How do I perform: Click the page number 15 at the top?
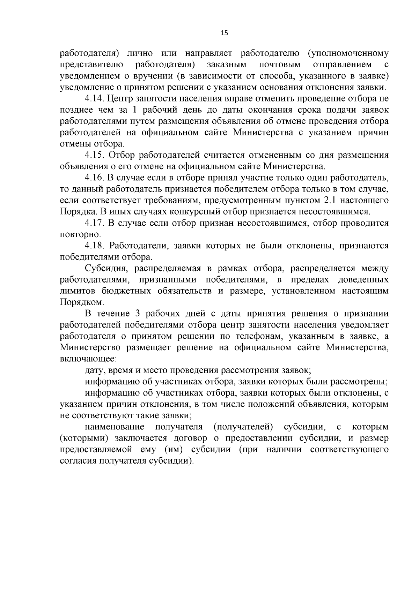224,33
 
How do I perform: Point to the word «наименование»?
115,427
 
